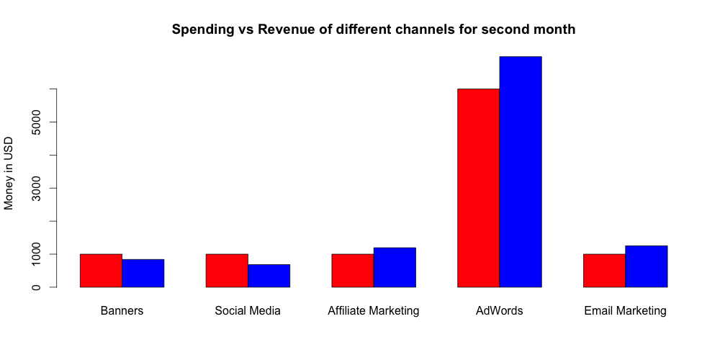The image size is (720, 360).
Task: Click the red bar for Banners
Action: click(x=101, y=271)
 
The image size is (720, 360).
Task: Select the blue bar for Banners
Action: click(x=143, y=273)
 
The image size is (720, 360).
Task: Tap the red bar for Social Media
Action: click(x=227, y=271)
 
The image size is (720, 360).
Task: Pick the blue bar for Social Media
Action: click(x=269, y=276)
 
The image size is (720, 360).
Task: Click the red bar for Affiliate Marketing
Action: click(x=353, y=271)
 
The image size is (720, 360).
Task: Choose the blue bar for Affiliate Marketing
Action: click(x=395, y=268)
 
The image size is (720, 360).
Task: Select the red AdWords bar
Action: click(x=479, y=188)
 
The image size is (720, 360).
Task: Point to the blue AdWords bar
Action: click(x=521, y=172)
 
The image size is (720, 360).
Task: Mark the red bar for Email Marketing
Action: click(x=604, y=271)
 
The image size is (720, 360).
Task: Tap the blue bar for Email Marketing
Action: click(x=646, y=266)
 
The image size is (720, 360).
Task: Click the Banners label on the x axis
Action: click(x=122, y=311)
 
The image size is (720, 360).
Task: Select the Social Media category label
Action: click(x=248, y=311)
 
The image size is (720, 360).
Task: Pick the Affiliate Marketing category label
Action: click(x=373, y=311)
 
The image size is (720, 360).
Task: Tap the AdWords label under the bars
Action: click(x=499, y=311)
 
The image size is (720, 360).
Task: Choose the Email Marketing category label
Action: click(x=625, y=311)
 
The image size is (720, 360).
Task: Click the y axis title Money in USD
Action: click(x=9, y=173)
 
